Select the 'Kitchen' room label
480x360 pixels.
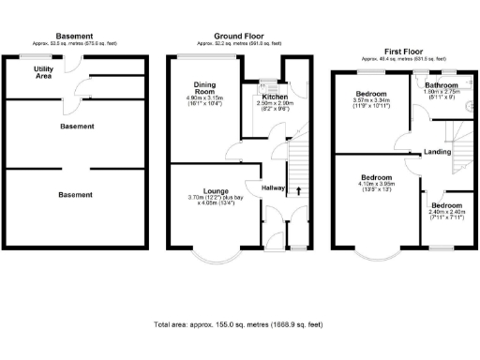[275, 97]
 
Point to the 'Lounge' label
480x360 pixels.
[204, 191]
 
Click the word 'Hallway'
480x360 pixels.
[275, 187]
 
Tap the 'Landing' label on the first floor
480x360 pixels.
[438, 151]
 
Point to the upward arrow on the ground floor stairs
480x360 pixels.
[299, 192]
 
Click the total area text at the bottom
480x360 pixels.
[238, 324]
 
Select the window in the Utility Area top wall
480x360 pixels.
[32, 57]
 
